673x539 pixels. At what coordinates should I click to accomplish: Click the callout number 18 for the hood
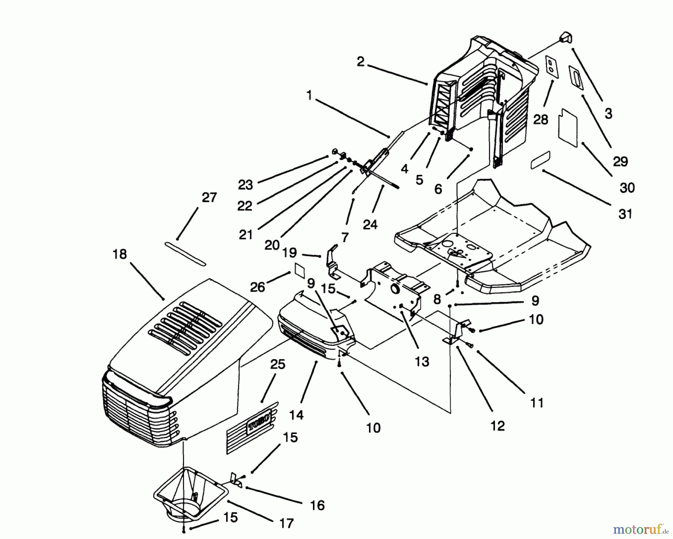pyautogui.click(x=120, y=255)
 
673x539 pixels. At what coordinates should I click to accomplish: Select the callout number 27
pyautogui.click(x=209, y=197)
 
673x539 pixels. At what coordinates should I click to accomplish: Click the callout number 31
pyautogui.click(x=625, y=214)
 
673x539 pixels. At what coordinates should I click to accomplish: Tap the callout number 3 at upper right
pyautogui.click(x=608, y=114)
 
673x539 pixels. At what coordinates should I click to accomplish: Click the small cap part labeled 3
pyautogui.click(x=566, y=37)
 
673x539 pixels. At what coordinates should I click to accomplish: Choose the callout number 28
pyautogui.click(x=541, y=120)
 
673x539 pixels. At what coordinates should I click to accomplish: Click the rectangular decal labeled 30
pyautogui.click(x=568, y=127)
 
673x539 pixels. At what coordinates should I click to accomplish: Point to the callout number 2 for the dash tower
pyautogui.click(x=360, y=62)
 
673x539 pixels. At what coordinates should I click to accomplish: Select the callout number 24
pyautogui.click(x=370, y=224)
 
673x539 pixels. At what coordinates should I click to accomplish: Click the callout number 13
pyautogui.click(x=422, y=362)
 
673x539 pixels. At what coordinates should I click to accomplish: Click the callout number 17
pyautogui.click(x=286, y=523)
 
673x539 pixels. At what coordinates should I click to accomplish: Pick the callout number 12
pyautogui.click(x=497, y=426)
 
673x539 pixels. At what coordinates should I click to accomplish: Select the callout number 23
pyautogui.click(x=245, y=185)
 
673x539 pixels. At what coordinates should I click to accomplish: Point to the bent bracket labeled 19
pyautogui.click(x=332, y=262)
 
